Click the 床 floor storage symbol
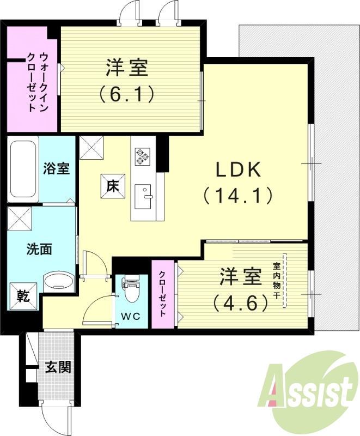[112, 187]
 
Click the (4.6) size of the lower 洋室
[240, 301]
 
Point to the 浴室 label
[57, 168]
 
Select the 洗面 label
[39, 250]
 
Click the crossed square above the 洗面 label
[20, 220]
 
